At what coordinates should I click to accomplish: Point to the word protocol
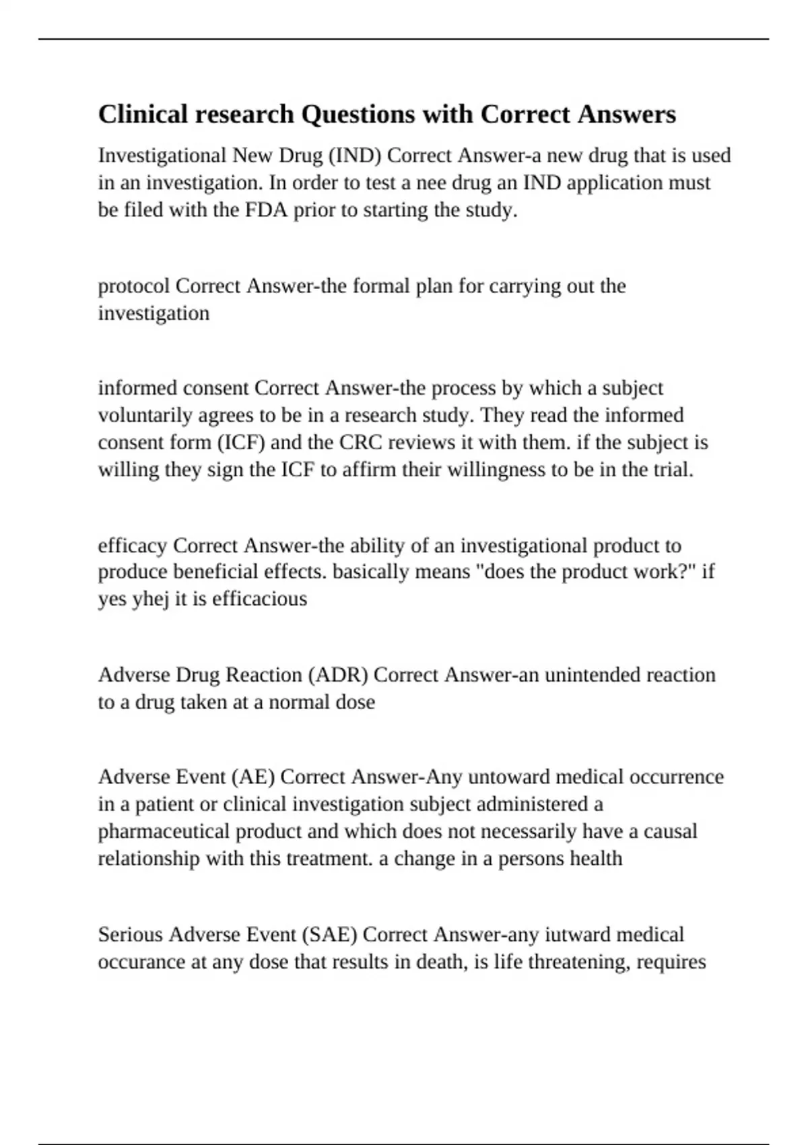pyautogui.click(x=133, y=286)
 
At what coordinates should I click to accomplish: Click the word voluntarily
pyautogui.click(x=145, y=416)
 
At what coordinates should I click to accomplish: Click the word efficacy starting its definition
pyautogui.click(x=133, y=546)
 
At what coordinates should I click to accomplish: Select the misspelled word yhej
pyautogui.click(x=151, y=599)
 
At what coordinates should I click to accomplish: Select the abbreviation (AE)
pyautogui.click(x=252, y=777)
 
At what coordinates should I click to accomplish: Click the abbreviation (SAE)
pyautogui.click(x=329, y=935)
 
